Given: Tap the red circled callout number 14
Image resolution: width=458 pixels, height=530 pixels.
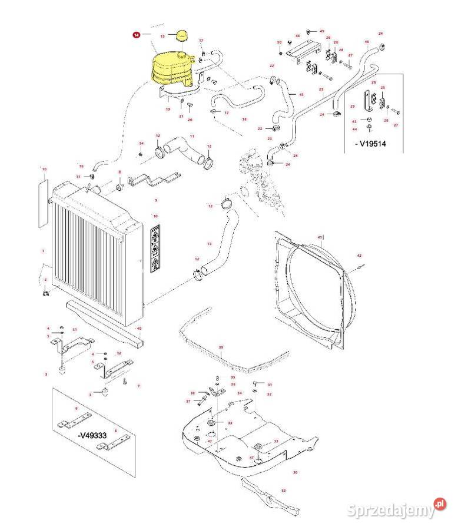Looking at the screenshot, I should [137, 35].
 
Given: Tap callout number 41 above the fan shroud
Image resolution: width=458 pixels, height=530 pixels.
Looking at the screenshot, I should [320, 237].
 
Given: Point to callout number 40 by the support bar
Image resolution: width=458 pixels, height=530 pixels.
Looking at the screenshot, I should [139, 329].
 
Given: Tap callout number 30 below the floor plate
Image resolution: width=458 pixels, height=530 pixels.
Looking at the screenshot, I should [295, 472].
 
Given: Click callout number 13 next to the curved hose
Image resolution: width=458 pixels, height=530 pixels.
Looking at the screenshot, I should [209, 243].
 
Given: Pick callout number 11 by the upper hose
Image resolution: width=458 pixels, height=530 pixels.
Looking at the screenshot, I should [191, 137].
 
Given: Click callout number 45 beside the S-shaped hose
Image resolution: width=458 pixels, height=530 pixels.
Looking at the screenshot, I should [301, 94].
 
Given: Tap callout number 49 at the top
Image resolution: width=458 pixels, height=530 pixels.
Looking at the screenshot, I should [322, 31].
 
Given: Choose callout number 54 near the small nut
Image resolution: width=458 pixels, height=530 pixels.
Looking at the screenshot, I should [141, 143].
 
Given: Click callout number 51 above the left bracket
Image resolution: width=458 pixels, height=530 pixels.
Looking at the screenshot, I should [75, 329].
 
